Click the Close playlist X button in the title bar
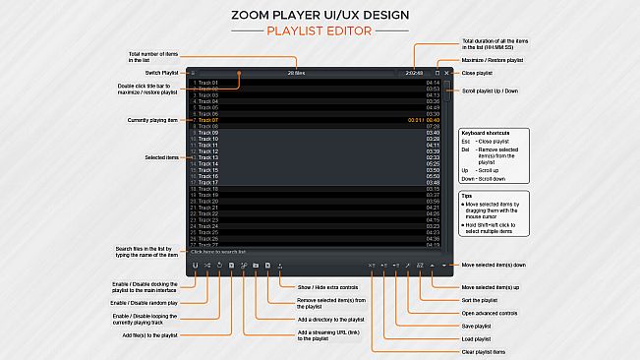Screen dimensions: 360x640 [446, 72]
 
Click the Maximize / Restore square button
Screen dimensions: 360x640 [437, 72]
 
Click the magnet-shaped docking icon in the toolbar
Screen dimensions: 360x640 [196, 266]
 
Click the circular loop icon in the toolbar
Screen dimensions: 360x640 [219, 266]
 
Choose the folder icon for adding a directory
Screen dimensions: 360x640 [255, 266]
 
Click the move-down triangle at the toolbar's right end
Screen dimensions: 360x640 [445, 266]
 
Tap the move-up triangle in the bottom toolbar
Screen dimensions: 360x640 [434, 266]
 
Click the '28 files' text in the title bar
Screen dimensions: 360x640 [297, 72]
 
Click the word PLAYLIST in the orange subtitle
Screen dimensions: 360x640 [296, 30]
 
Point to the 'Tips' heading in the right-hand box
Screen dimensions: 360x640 [468, 196]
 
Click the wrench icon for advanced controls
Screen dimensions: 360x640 [407, 266]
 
